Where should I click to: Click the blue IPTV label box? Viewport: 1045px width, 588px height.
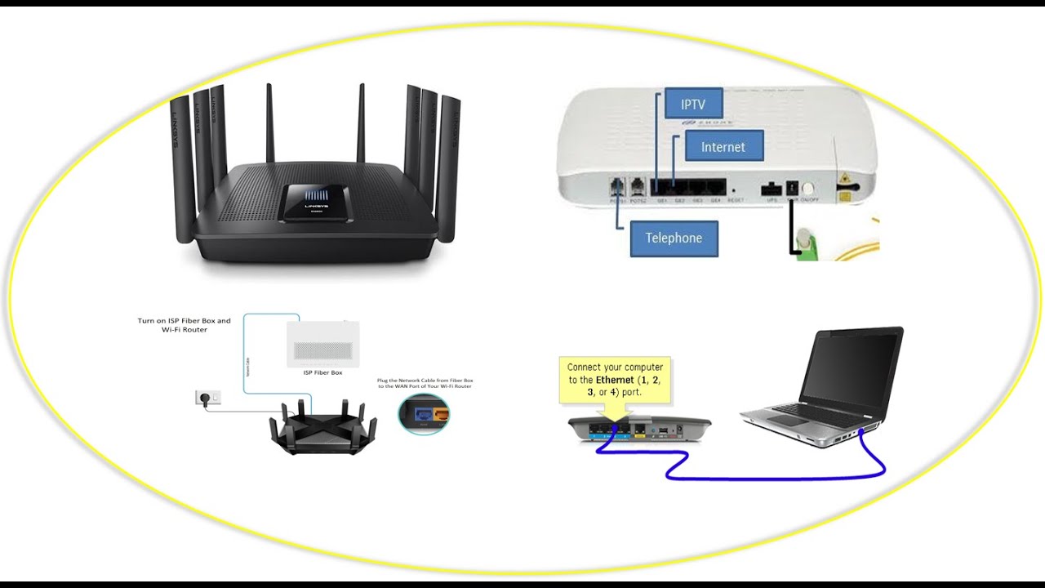(x=693, y=104)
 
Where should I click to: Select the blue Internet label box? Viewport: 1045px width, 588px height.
(x=723, y=146)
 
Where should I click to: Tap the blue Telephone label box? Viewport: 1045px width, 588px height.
(x=674, y=238)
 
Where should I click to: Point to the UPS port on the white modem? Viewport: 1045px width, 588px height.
(x=771, y=189)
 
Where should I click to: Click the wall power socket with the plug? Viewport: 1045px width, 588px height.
(x=207, y=398)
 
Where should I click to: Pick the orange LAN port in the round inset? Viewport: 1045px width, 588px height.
(x=441, y=414)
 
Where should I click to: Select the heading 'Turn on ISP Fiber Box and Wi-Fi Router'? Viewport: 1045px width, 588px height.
(x=184, y=325)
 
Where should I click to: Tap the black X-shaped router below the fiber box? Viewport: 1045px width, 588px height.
(x=323, y=426)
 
